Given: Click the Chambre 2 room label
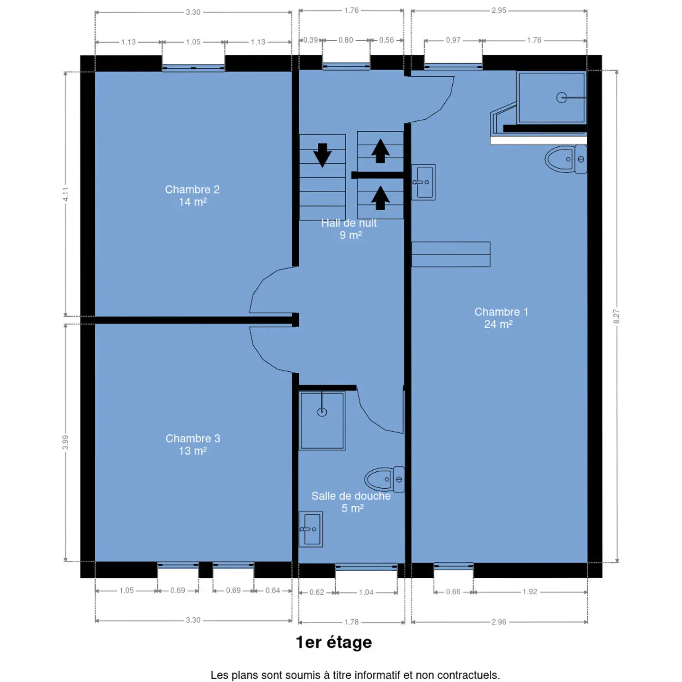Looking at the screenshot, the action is (192, 195).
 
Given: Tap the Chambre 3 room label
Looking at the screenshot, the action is (193, 445).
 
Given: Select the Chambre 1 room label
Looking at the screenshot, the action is (501, 318).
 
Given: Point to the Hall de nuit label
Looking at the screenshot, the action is (349, 229).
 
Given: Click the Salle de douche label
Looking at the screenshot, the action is (351, 502).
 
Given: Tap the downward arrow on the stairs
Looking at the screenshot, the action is (322, 155).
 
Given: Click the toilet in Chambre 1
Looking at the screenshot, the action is (565, 159).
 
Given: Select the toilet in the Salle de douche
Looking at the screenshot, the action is (385, 480).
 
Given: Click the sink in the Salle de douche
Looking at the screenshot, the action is (311, 529).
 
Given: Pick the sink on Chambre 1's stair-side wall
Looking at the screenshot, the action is (423, 182).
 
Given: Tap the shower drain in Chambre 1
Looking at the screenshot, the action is (561, 98).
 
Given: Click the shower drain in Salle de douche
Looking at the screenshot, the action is (322, 412).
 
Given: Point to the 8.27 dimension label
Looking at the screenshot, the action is (616, 316).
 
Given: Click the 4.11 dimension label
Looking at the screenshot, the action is (65, 194).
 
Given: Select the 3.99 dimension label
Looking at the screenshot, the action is (65, 442).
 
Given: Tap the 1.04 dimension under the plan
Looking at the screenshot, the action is (366, 592).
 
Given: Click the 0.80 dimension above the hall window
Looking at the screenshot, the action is (345, 40).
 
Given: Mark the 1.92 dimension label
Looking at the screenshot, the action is (530, 592).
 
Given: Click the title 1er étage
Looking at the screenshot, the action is (334, 642).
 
